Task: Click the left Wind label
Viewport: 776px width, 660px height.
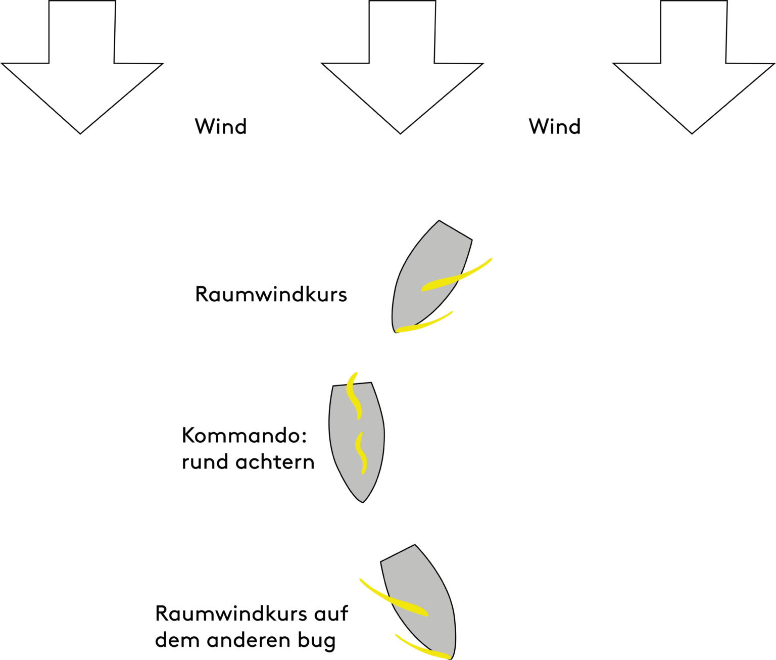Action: (221, 127)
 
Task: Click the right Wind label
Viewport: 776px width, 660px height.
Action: (555, 127)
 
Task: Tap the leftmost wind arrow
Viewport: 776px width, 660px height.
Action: (81, 76)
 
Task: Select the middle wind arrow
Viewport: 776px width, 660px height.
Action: (402, 76)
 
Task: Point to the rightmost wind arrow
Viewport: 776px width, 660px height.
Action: (693, 76)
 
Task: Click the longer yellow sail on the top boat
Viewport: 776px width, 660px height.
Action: (457, 275)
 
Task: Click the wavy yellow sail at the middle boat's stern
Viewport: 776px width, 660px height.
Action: (354, 397)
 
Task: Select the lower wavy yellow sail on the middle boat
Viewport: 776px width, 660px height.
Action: (361, 452)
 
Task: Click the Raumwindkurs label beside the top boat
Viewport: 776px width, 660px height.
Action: (271, 294)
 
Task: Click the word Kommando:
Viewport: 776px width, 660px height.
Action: (245, 436)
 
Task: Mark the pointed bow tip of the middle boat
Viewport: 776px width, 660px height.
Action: (363, 500)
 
